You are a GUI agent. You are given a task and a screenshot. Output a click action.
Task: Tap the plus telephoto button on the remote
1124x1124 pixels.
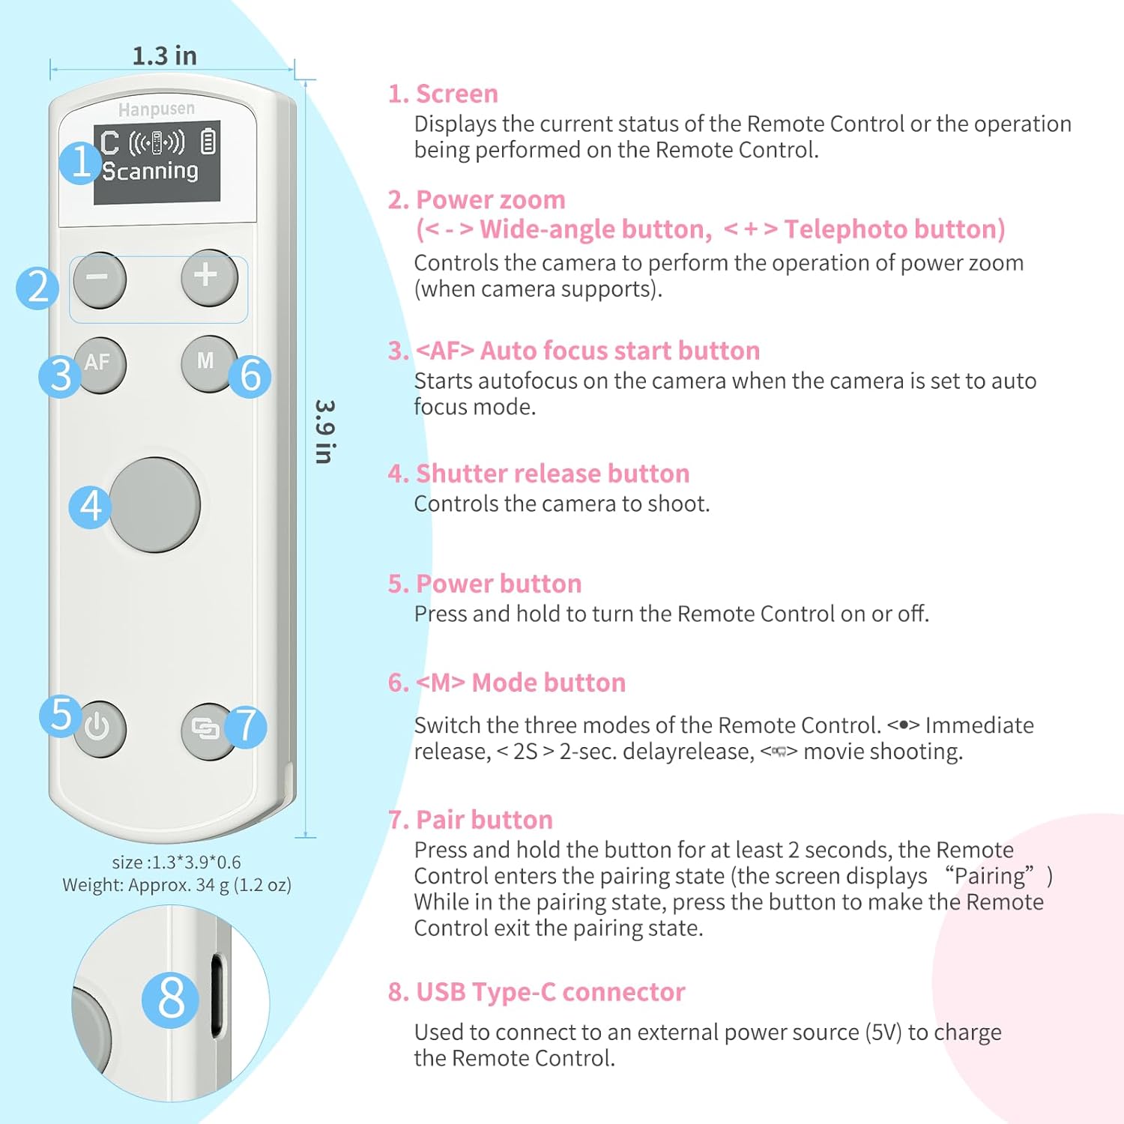click(209, 277)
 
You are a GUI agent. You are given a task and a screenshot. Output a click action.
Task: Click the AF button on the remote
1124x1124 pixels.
click(100, 364)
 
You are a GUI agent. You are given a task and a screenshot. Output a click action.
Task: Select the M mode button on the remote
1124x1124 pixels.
click(205, 363)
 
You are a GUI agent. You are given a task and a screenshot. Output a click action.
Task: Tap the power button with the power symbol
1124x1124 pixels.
click(99, 728)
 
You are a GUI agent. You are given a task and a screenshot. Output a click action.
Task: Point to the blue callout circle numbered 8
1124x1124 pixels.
click(171, 999)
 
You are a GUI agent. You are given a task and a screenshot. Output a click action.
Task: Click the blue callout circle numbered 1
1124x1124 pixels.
click(80, 163)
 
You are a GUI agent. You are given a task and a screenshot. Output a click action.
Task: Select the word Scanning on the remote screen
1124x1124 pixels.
click(151, 172)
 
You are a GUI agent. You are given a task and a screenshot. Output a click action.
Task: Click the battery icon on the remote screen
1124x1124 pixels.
click(208, 142)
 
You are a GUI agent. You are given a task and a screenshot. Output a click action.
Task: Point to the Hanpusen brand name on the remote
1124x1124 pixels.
click(156, 109)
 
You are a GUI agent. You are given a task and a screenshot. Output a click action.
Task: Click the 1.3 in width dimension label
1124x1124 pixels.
click(164, 56)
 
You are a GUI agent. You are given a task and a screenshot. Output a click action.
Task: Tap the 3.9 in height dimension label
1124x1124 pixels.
click(324, 432)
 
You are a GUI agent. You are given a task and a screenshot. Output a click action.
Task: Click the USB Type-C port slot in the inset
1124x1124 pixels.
click(217, 996)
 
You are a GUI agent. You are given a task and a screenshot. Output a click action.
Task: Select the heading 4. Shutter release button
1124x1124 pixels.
click(538, 474)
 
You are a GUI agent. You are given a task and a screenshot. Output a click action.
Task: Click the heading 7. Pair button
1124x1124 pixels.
click(470, 820)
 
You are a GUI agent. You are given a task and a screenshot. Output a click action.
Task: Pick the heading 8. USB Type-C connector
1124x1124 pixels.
click(536, 992)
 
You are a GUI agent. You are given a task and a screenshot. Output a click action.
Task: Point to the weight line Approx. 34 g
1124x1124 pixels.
click(177, 885)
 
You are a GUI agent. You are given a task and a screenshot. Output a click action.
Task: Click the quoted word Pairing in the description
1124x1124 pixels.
click(989, 876)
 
